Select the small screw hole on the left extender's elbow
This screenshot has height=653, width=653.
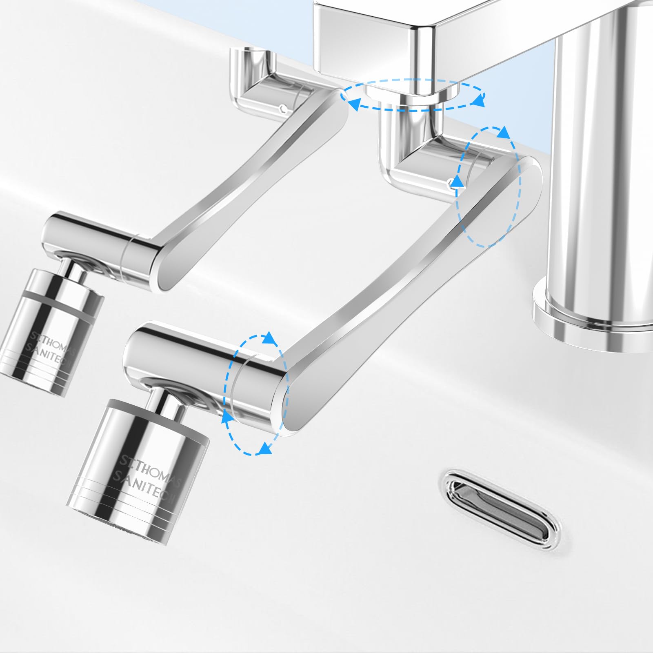coord(283,109)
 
